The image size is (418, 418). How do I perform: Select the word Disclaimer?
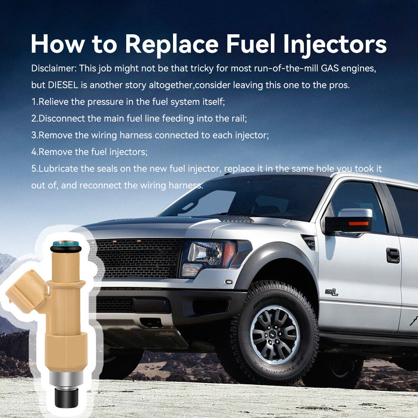pos(54,68)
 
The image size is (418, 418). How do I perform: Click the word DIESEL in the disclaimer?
pos(63,85)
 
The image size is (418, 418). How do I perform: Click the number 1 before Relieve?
pos(33,102)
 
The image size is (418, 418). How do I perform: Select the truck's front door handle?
pos(393,255)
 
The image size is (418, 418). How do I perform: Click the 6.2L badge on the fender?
pos(331,293)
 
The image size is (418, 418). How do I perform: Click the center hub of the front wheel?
pos(274,335)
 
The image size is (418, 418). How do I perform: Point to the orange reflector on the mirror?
pos(359,223)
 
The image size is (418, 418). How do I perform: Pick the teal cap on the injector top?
pos(66,243)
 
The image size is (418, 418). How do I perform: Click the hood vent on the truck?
pos(236,220)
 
